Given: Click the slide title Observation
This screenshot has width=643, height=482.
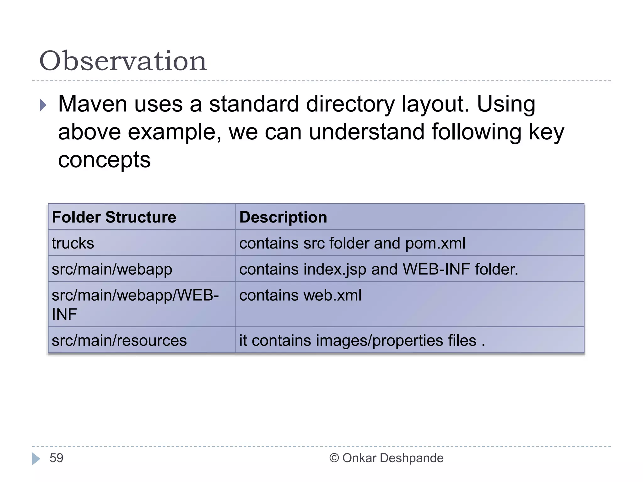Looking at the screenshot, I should click(x=123, y=61).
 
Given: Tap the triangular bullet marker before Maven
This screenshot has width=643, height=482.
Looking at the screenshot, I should click(x=43, y=105).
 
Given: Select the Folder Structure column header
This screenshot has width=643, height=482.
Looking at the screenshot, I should click(x=114, y=217).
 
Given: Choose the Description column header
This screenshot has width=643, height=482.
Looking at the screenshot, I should click(x=283, y=217).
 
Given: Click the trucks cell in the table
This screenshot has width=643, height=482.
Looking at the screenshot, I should click(x=73, y=243).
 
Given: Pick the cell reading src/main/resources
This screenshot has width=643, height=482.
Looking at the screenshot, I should click(x=119, y=340).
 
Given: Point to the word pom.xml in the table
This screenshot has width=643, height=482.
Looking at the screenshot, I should click(x=435, y=244).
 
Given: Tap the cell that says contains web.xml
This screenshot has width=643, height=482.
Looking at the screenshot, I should click(x=300, y=296).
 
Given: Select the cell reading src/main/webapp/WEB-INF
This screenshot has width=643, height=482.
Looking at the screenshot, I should click(x=135, y=304).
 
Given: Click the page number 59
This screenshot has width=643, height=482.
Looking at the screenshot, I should click(x=57, y=458).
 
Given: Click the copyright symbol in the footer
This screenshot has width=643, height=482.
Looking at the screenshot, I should click(x=334, y=458).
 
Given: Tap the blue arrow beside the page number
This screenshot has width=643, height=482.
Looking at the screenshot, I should click(x=36, y=458).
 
